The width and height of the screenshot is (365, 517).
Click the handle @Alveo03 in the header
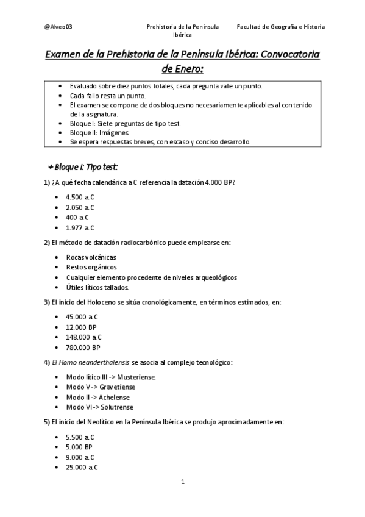[59, 27]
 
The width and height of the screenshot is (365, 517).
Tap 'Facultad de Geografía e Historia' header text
[280, 27]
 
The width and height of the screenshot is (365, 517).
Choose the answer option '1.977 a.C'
[80, 227]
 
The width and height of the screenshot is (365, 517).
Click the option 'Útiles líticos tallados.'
[97, 287]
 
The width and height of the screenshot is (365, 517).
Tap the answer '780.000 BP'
[83, 348]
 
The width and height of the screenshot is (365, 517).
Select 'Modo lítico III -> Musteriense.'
[111, 377]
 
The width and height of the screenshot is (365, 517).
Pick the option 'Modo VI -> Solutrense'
[99, 407]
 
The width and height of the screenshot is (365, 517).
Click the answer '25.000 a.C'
[82, 467]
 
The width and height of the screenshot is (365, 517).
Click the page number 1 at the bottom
[182, 482]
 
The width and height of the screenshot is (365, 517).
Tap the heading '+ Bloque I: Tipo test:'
[83, 166]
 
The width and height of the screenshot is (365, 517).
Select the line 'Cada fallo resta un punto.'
[107, 96]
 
